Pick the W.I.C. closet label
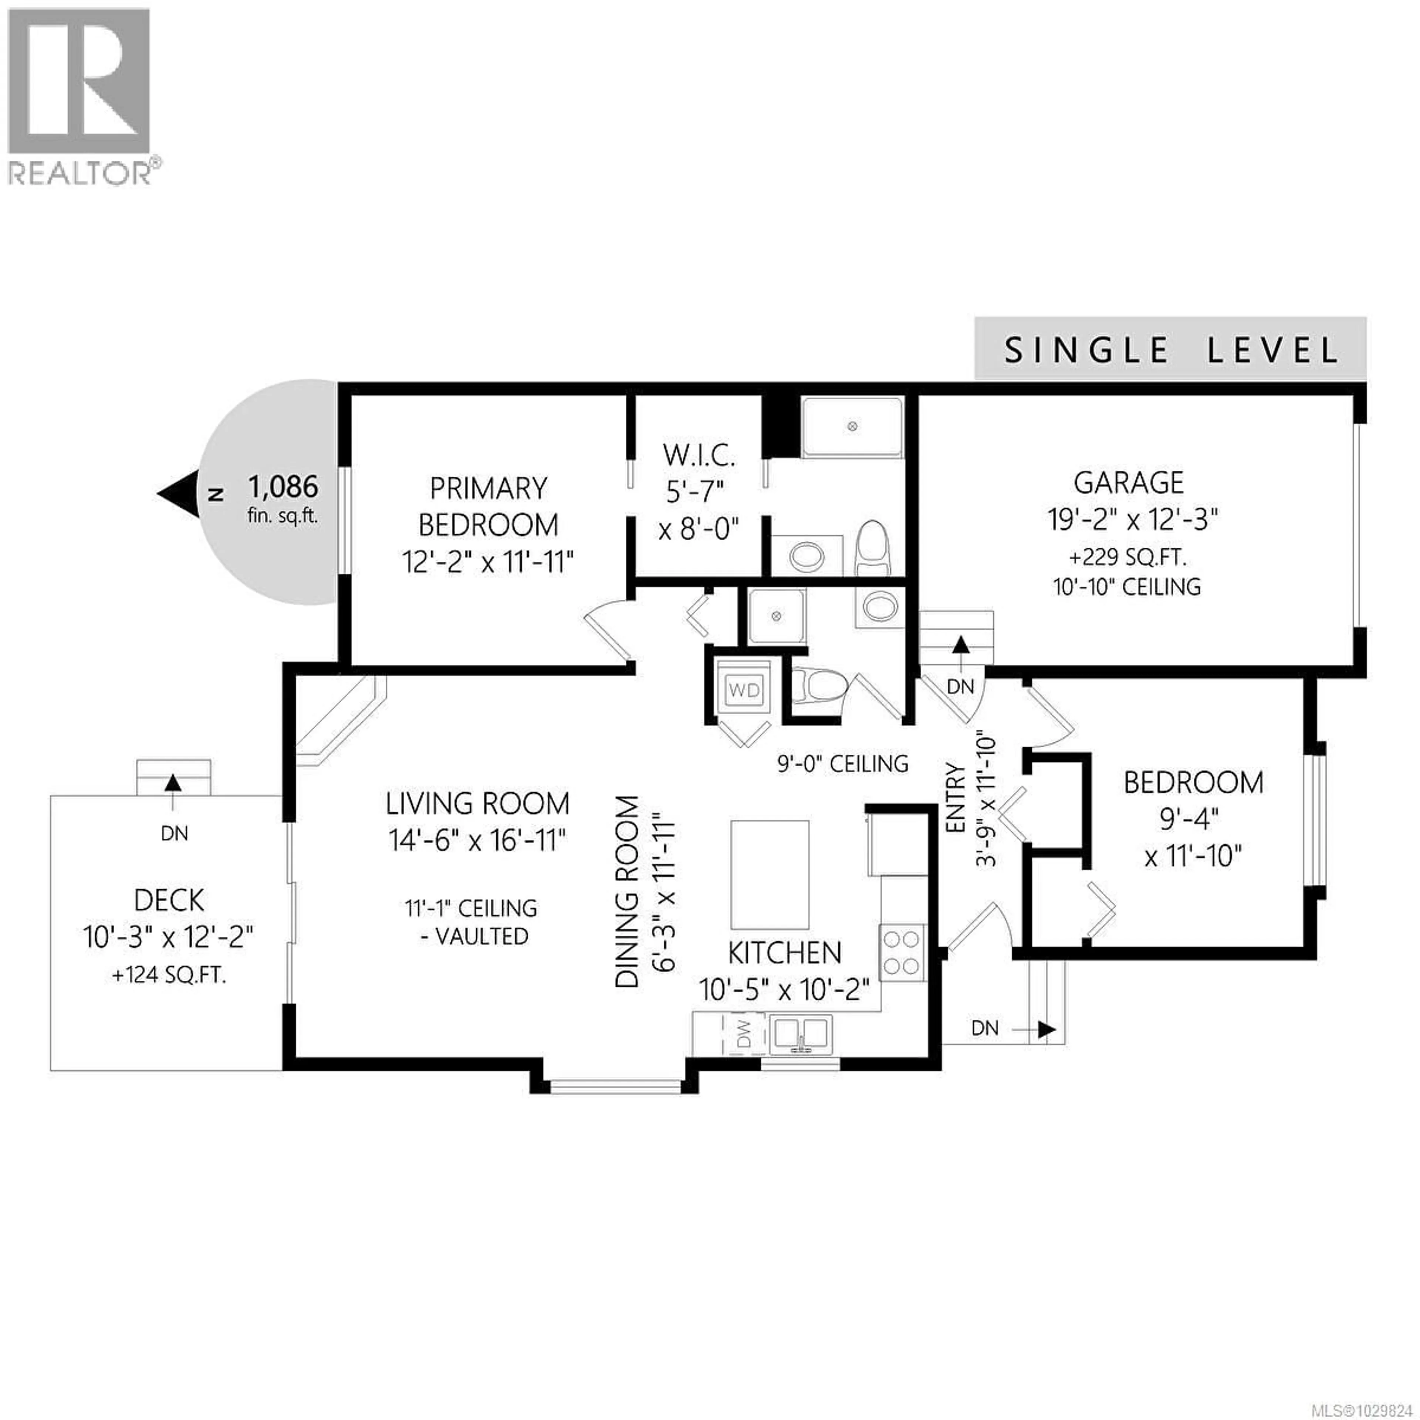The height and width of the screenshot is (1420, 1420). (x=698, y=456)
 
